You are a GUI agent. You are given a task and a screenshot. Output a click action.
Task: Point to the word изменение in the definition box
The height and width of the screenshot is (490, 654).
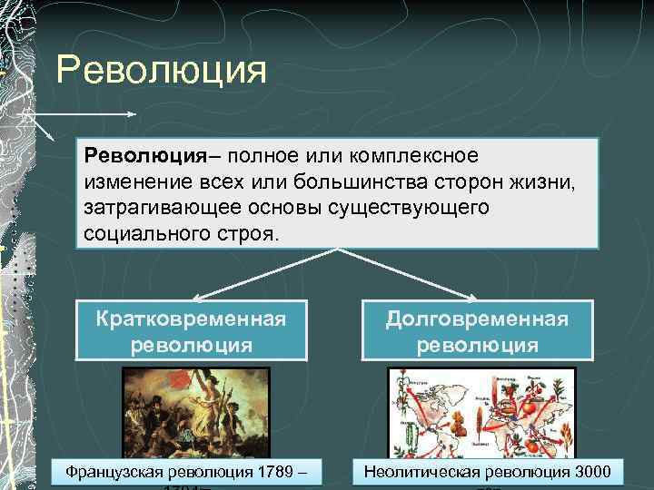point(134,182)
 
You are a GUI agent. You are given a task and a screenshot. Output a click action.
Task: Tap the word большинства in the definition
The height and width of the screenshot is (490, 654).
point(363,182)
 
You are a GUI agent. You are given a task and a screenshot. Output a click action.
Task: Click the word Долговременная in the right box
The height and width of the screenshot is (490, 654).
point(478,319)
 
